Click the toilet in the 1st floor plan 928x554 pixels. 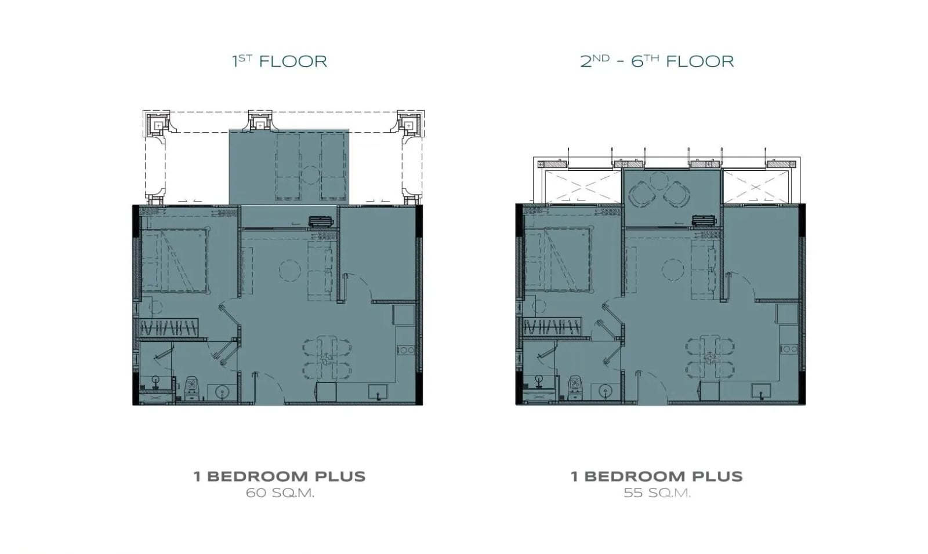(191, 388)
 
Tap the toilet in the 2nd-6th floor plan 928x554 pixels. (574, 388)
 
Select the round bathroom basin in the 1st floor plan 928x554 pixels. (222, 391)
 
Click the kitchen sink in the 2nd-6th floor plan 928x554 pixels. (762, 391)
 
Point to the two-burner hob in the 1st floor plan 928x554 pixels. (405, 350)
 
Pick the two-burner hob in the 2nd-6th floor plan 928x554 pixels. (788, 349)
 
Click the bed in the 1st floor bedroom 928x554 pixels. (175, 260)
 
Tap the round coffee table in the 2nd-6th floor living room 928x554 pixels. (673, 269)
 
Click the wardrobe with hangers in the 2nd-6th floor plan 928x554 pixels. (552, 327)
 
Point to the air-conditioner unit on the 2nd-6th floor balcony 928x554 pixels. (703, 221)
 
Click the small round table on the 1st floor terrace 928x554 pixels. (310, 175)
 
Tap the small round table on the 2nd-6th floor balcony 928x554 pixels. (659, 181)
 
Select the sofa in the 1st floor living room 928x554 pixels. (320, 271)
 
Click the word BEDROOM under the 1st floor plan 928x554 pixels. (258, 476)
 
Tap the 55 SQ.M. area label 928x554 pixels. (657, 493)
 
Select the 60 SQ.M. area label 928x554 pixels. (280, 493)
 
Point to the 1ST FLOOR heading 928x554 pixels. (280, 61)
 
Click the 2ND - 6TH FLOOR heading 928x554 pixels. (657, 61)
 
